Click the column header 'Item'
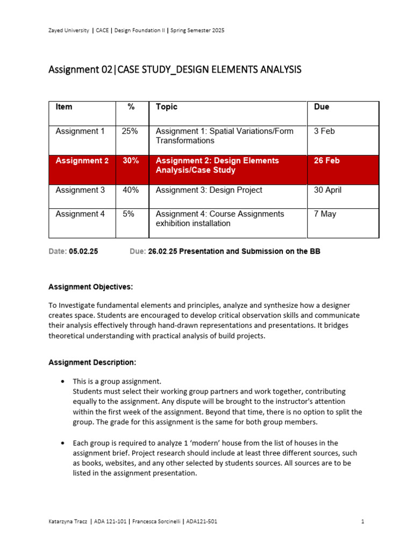pyautogui.click(x=64, y=107)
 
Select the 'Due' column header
pyautogui.click(x=322, y=107)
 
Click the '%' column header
pyautogui.click(x=131, y=107)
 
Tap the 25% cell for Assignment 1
pyautogui.click(x=130, y=131)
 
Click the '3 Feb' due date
pyautogui.click(x=324, y=131)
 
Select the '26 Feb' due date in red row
pyautogui.click(x=326, y=161)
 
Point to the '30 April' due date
pyautogui.click(x=327, y=190)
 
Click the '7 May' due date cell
pyautogui.click(x=325, y=214)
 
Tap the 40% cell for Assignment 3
pyautogui.click(x=130, y=190)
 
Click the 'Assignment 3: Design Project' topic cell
pyautogui.click(x=209, y=190)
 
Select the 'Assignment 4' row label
pyautogui.click(x=80, y=214)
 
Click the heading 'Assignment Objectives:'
pyautogui.click(x=90, y=287)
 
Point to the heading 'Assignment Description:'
pyautogui.click(x=92, y=362)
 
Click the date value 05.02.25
pyautogui.click(x=83, y=251)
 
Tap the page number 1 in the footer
pyautogui.click(x=363, y=521)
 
